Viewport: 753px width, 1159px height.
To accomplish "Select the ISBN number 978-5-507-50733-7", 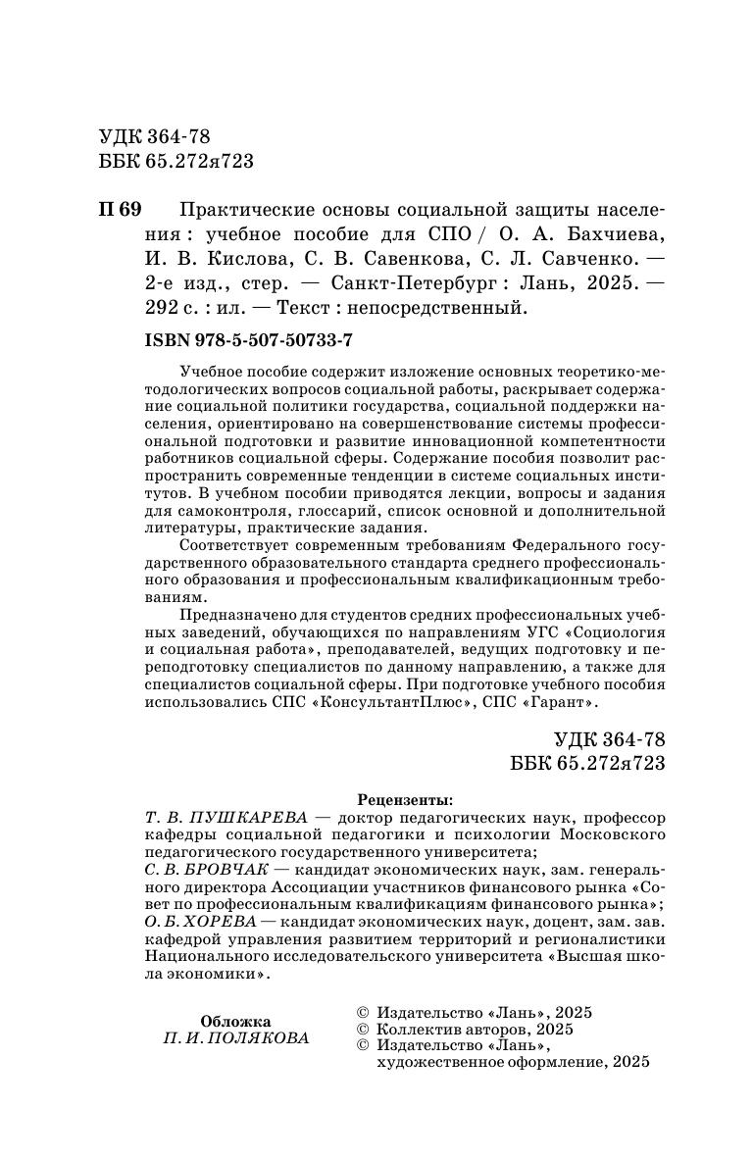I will [x=253, y=339].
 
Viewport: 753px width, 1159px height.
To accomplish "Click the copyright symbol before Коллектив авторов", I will [x=360, y=1030].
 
